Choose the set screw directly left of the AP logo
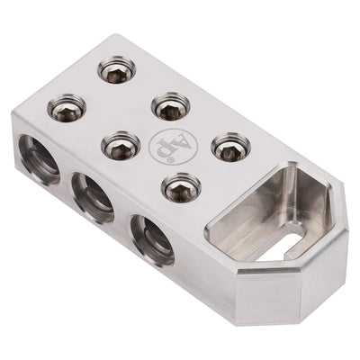point(118,144)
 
